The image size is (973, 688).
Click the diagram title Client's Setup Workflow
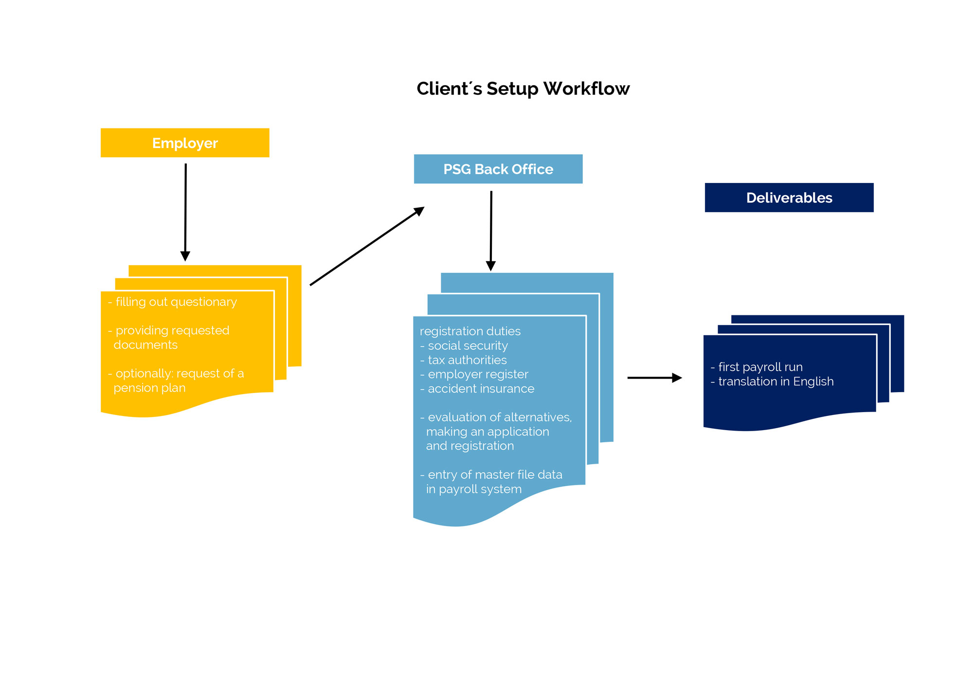tap(523, 89)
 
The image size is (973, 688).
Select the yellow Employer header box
tap(185, 143)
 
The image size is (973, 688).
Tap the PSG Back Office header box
tap(498, 169)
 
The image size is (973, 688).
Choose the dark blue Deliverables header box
tap(789, 198)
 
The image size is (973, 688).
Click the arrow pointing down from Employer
tap(185, 212)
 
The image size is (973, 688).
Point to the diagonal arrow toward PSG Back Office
tap(367, 246)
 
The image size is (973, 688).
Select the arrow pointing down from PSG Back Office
tap(491, 231)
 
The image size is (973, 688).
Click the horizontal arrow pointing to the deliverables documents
tap(655, 378)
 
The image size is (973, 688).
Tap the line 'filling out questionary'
tap(172, 302)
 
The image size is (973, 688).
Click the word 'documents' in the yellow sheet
tap(145, 345)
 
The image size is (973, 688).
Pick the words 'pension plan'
tap(149, 388)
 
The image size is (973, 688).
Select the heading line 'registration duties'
tap(470, 331)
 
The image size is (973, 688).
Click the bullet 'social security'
tap(464, 346)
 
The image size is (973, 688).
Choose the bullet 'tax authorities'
tap(463, 360)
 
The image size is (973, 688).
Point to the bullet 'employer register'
tap(474, 375)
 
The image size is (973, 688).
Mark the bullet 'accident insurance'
tap(477, 389)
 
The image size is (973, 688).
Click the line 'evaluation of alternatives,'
tap(496, 417)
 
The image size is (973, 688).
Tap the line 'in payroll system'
tap(474, 489)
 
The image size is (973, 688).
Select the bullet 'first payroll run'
tap(757, 367)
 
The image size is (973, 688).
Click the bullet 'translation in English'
tap(772, 382)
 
